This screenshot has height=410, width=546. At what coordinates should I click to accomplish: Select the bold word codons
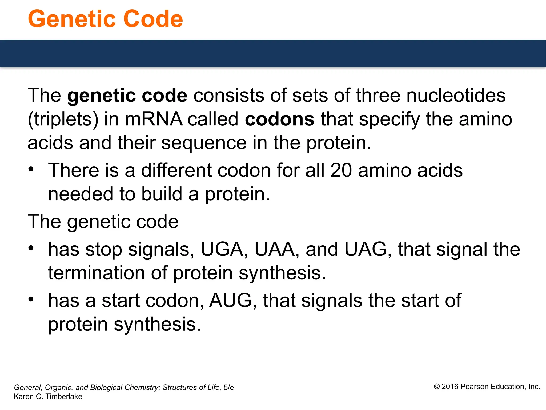click(x=279, y=119)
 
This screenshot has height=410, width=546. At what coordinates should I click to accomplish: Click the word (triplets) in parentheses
click(x=63, y=119)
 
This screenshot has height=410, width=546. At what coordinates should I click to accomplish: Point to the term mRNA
click(x=154, y=119)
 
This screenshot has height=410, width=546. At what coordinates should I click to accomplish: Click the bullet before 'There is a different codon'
click(x=31, y=169)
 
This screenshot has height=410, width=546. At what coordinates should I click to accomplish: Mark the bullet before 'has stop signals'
click(x=31, y=248)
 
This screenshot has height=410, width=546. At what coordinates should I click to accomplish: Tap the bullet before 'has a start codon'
click(x=31, y=299)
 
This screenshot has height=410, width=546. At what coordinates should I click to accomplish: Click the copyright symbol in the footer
click(x=437, y=387)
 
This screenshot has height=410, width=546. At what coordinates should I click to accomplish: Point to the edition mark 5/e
click(x=229, y=388)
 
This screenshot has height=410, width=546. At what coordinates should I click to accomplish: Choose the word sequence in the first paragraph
click(x=204, y=143)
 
